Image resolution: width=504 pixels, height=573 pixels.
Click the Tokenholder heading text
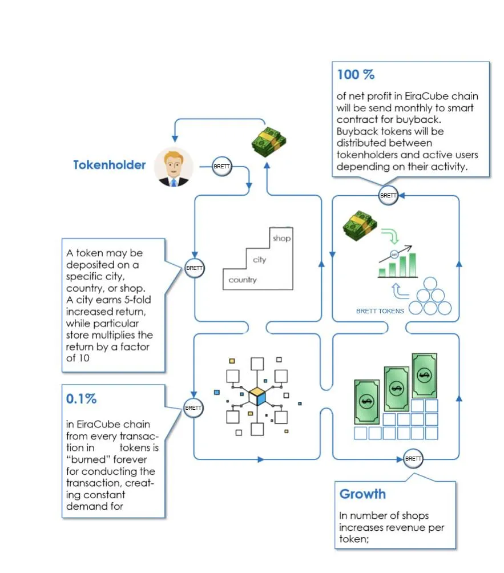point(109,165)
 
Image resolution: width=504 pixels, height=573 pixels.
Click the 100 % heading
point(356,75)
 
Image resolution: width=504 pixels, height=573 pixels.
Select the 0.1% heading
point(81,399)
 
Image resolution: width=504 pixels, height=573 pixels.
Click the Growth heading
point(362,494)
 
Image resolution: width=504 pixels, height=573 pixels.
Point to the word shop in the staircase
point(282,238)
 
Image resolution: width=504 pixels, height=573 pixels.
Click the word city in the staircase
point(260,260)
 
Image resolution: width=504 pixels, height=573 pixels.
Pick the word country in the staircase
point(243,280)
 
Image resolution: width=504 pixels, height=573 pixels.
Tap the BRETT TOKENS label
point(380,311)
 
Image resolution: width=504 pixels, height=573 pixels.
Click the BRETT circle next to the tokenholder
point(222,167)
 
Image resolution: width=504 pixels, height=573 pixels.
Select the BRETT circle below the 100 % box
point(388,196)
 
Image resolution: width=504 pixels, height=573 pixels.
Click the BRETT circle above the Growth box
point(413,459)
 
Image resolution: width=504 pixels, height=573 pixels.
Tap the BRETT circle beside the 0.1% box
point(193,408)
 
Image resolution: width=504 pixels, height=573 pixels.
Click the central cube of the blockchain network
point(257,397)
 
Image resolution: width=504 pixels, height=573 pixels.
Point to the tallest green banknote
point(424,376)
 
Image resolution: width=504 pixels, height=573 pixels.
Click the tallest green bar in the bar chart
point(412,265)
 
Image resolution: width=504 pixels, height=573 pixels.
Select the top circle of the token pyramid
point(430,284)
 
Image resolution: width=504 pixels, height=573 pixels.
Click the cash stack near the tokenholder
point(269,142)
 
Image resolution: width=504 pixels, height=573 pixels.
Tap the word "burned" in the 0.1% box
point(88,459)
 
